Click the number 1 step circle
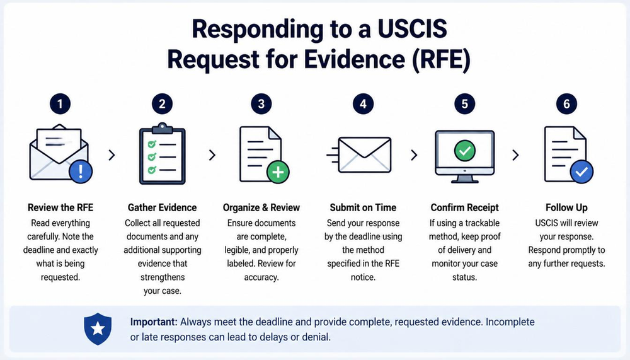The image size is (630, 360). click(x=60, y=104)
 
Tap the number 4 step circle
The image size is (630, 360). click(x=363, y=104)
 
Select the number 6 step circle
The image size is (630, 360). click(x=566, y=104)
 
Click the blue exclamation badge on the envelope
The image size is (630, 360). click(x=81, y=171)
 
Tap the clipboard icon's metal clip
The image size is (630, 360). click(x=163, y=127)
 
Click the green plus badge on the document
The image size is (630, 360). click(x=278, y=171)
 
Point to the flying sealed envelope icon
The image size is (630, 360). click(x=359, y=155)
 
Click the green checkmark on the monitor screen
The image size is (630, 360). click(x=465, y=151)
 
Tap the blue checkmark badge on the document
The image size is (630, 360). click(x=581, y=171)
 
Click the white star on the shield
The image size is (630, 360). click(x=98, y=328)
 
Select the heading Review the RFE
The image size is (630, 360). click(x=60, y=207)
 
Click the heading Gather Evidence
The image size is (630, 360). click(x=163, y=207)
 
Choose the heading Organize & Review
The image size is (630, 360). click(x=261, y=207)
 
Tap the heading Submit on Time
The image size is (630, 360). click(x=363, y=207)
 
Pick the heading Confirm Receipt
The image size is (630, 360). click(x=464, y=207)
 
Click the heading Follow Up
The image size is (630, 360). click(x=566, y=207)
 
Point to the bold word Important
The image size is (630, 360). click(x=154, y=322)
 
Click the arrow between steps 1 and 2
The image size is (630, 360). click(x=112, y=155)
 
